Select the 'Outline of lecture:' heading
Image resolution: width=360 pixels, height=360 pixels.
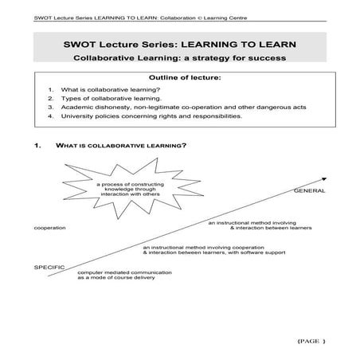(180, 78)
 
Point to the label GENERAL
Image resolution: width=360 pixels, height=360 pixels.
(309, 192)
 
